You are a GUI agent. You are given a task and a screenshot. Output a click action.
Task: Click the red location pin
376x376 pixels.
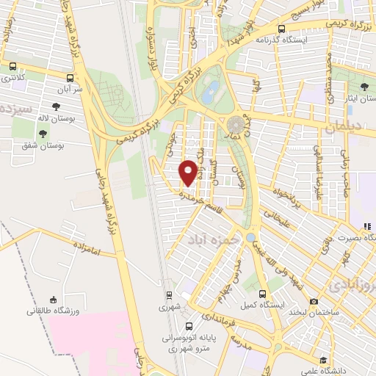click(188, 172)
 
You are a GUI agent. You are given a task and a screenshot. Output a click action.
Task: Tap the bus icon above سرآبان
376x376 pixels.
click(69, 77)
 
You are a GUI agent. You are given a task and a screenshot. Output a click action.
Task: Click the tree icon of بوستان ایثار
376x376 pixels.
click(365, 88)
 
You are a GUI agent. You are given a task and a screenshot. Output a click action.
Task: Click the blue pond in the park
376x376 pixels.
click(211, 90)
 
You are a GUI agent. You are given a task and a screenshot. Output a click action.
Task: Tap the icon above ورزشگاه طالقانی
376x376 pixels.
click(53, 300)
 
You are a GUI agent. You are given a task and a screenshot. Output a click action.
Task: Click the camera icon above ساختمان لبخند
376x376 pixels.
click(314, 301)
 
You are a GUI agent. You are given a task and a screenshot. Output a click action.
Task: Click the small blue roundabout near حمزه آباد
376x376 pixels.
click(252, 238)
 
